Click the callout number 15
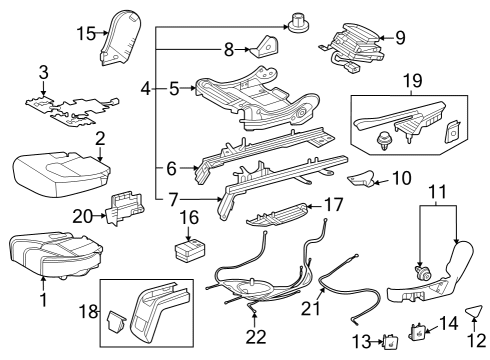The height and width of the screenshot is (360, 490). pyautogui.click(x=85, y=33)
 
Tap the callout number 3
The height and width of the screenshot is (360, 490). pyautogui.click(x=42, y=72)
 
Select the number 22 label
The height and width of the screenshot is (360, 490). pyautogui.click(x=256, y=337)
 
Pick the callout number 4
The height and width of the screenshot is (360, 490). pyautogui.click(x=147, y=89)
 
